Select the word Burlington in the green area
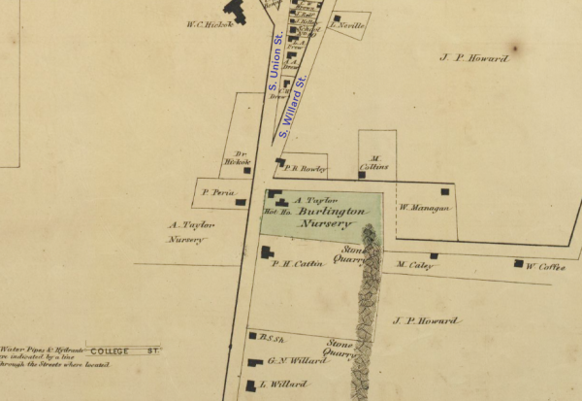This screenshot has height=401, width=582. [x=332, y=211]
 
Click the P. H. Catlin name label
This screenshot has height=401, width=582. [x=297, y=263]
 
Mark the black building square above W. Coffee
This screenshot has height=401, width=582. [x=519, y=263]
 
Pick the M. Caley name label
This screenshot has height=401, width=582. [x=414, y=264]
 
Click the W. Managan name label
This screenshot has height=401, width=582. [x=424, y=207]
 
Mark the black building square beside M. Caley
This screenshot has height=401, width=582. [x=434, y=256]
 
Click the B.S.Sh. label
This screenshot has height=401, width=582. [x=272, y=337]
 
